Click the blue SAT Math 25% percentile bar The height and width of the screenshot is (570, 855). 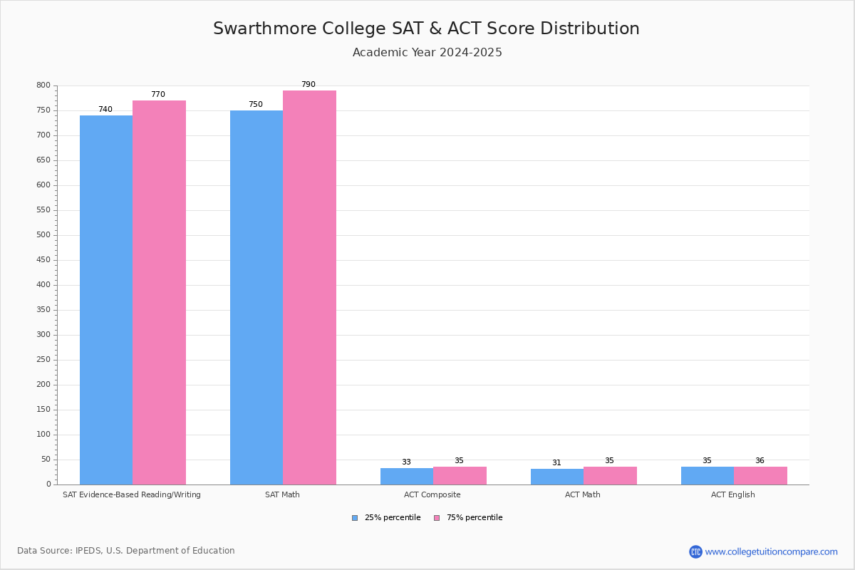pos(256,297)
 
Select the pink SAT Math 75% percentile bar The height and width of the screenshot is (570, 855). pos(309,287)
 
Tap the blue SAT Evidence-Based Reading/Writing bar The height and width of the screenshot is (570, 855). pos(106,300)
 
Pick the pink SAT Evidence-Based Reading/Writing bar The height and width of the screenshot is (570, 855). pos(159,292)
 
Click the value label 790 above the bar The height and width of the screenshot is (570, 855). pos(308,85)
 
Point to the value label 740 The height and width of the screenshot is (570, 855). pos(105,110)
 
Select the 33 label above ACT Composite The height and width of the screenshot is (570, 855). pos(406,462)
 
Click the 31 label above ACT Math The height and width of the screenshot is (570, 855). pos(556,463)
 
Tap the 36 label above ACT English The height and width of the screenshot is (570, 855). pos(760,461)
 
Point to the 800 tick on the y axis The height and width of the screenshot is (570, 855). pos(43,85)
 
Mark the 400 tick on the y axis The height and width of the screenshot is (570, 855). pos(43,285)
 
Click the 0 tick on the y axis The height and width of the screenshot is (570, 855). pos(48,484)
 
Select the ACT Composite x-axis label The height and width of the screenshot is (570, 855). pos(432,494)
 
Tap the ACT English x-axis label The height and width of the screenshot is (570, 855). pos(733,494)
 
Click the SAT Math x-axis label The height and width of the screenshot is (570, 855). pos(282,494)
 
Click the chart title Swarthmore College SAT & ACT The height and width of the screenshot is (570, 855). pos(426,28)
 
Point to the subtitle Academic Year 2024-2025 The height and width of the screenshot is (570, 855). pos(427,53)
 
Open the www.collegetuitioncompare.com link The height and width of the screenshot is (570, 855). pos(771,551)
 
